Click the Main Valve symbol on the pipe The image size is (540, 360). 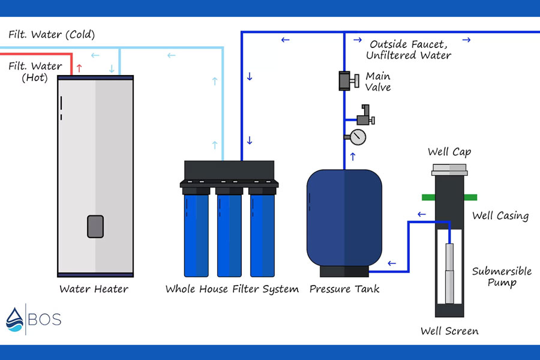click(349, 81)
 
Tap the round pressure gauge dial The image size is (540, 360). click(358, 137)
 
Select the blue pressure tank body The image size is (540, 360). click(344, 218)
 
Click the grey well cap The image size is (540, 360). click(449, 170)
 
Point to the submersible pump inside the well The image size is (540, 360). click(449, 273)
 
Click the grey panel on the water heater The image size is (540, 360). click(95, 226)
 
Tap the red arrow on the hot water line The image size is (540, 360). click(80, 68)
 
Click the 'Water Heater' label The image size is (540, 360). click(94, 289)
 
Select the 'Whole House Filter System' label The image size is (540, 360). click(232, 289)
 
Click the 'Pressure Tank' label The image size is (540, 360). click(344, 289)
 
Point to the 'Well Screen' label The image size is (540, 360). click(449, 331)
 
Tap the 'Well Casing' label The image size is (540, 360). click(500, 216)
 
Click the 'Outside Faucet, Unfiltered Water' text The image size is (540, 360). click(409, 50)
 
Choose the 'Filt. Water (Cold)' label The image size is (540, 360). click(52, 34)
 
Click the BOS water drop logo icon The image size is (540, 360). click(14, 320)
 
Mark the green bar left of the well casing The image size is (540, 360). click(428, 197)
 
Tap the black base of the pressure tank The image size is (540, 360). click(344, 271)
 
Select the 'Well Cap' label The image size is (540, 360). click(449, 152)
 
